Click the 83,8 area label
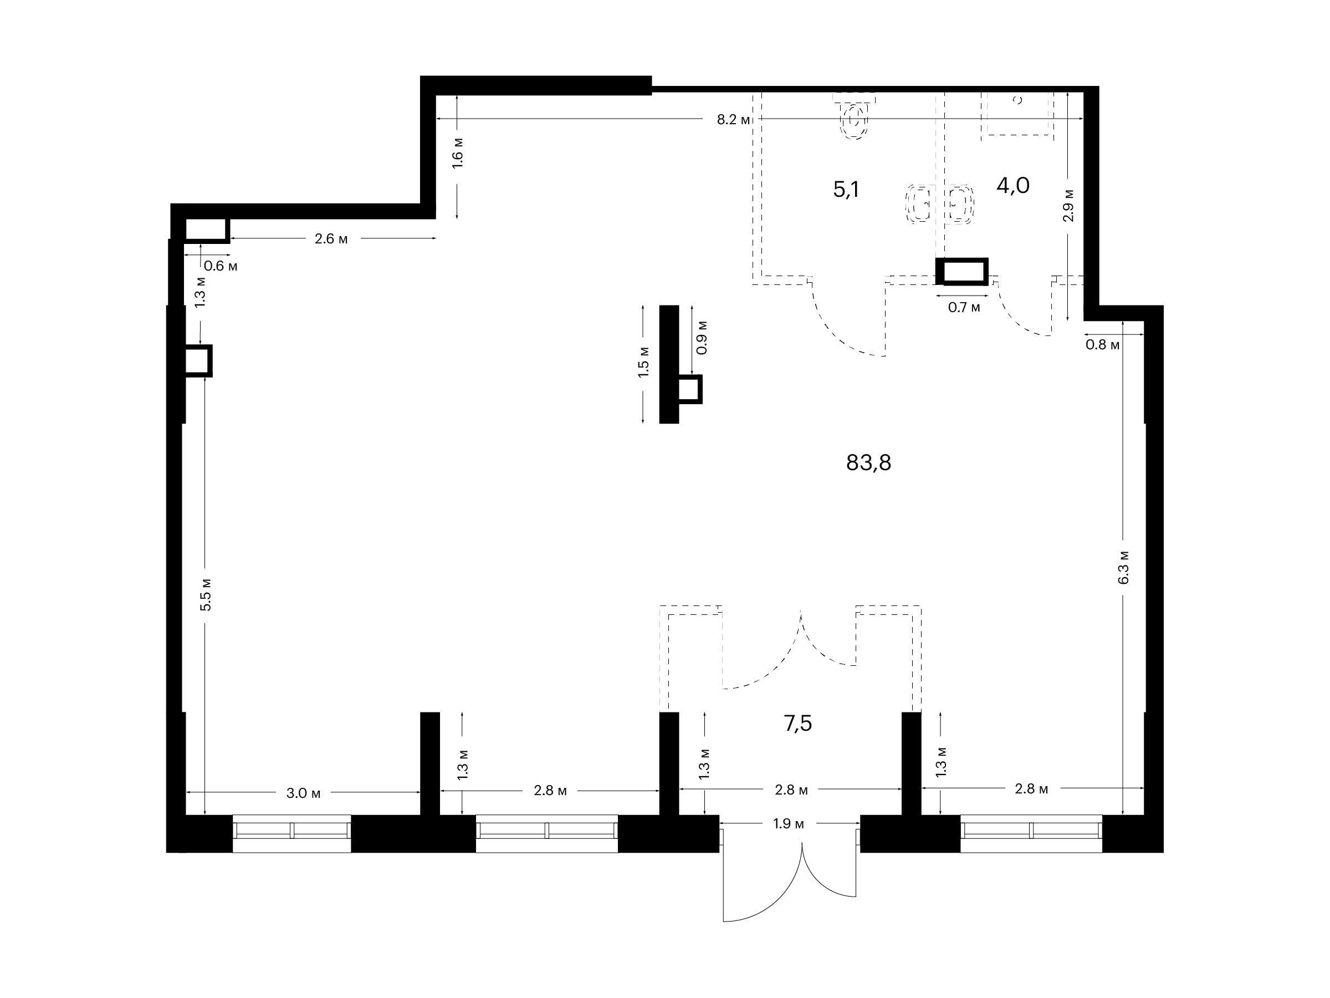coord(868,462)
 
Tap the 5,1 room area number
coord(846,190)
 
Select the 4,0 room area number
coord(1013,185)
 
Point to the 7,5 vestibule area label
coord(798,724)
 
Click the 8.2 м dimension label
coord(734,119)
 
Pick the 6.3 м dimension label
coord(1124,567)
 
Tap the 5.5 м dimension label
coord(206,594)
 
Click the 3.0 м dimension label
coord(304,793)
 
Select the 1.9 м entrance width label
coord(788,823)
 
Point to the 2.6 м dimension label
coord(331,239)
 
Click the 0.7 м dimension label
coord(964,307)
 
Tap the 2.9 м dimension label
coord(1068,205)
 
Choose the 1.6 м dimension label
coord(458,153)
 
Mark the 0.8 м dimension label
coord(1103,345)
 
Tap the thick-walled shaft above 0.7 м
coord(962,271)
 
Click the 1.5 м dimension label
coord(644,361)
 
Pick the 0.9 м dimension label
coord(701,338)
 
